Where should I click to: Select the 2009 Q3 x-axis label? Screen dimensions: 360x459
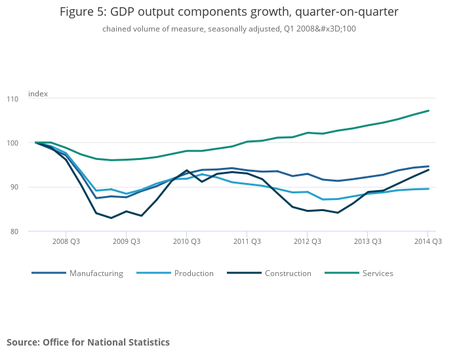point(126,241)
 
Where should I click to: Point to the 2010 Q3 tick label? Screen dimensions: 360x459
point(186,241)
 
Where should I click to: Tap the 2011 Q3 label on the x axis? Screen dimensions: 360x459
point(247,241)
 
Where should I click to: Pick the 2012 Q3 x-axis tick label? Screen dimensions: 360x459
point(307,241)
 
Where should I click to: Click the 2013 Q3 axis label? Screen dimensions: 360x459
point(367,241)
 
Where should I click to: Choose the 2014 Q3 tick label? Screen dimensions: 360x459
point(428,241)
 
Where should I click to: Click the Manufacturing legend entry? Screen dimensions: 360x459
point(96,273)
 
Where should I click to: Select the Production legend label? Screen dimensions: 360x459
point(193,273)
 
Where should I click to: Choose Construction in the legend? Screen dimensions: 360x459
point(288,273)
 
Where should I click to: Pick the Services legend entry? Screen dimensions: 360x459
point(377,273)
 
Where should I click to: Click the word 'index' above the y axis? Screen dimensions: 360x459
point(38,94)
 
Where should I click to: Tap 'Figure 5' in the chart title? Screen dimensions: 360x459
point(83,12)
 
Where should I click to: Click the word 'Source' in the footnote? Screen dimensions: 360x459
point(22,342)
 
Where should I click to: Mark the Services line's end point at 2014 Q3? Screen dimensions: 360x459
point(428,110)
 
